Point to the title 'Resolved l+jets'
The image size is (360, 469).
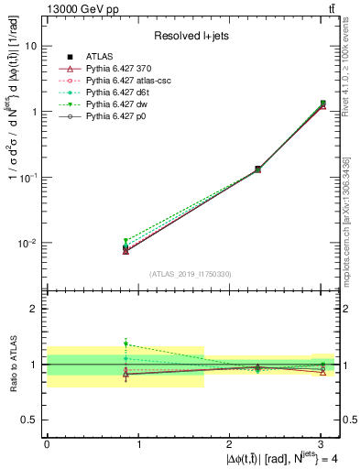click(191, 36)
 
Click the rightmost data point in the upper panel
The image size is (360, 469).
click(322, 104)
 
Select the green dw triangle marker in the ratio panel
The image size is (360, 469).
click(125, 344)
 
